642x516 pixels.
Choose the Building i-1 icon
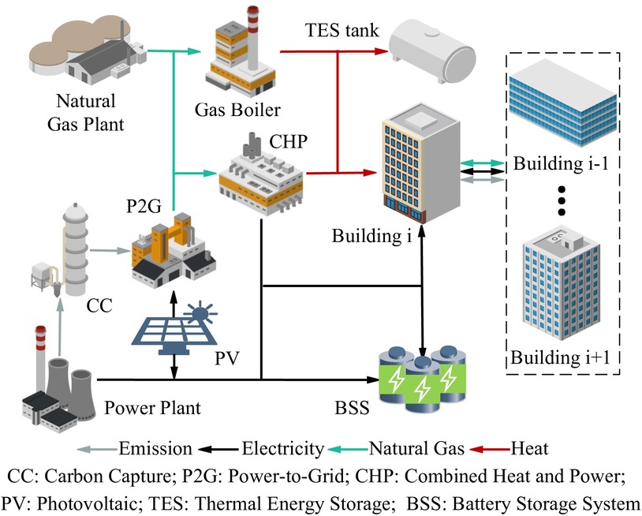point(561,103)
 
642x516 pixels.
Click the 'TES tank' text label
point(342,31)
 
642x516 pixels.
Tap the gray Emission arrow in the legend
point(97,450)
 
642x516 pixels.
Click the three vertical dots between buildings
point(561,201)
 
